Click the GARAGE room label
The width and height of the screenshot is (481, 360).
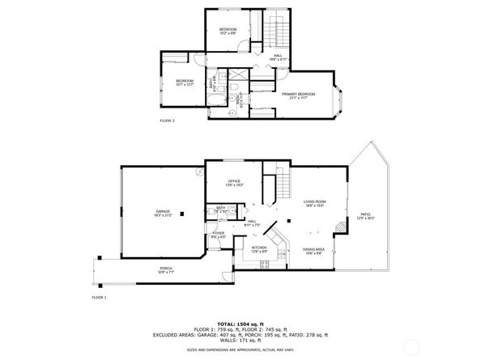tap(163, 213)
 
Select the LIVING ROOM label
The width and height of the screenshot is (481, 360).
tap(315, 204)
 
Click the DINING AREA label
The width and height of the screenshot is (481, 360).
tap(314, 251)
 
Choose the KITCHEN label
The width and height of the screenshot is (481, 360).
tap(258, 249)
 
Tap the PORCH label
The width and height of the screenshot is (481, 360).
tap(166, 271)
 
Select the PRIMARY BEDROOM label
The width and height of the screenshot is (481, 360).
tap(298, 95)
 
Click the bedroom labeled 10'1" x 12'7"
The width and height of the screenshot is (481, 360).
tap(185, 83)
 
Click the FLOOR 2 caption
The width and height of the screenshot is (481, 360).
tap(167, 121)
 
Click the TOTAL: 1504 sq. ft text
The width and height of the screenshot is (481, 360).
tap(240, 322)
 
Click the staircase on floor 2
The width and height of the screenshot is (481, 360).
tap(279, 32)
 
